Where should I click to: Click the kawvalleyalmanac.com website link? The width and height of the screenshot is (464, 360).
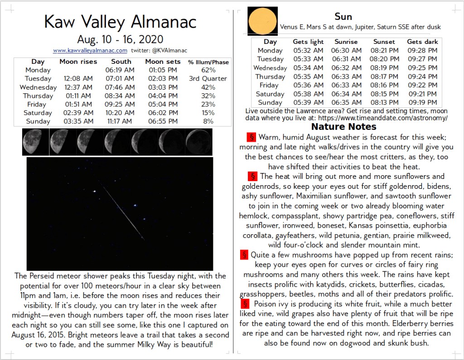click(x=90, y=51)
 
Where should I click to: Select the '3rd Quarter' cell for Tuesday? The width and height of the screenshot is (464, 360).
click(x=208, y=79)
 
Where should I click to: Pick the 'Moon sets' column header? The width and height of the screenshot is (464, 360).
click(x=163, y=62)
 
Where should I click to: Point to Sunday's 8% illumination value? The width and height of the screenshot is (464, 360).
click(x=208, y=121)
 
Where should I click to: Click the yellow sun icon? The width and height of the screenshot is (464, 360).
click(x=261, y=21)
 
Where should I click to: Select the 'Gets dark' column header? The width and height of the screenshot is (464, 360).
click(x=422, y=42)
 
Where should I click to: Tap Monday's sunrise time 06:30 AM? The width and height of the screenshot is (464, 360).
click(x=346, y=51)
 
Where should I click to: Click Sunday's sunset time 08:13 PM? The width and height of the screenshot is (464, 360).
click(x=384, y=103)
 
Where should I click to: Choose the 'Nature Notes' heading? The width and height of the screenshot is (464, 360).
click(x=343, y=127)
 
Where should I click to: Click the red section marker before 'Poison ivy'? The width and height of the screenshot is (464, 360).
click(x=245, y=303)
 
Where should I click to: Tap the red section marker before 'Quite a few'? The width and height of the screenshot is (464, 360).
click(x=245, y=254)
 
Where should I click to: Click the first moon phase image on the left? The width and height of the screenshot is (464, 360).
click(x=35, y=142)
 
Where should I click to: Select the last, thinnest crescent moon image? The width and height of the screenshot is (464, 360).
click(x=198, y=142)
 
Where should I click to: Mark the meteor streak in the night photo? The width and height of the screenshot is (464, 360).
click(x=123, y=213)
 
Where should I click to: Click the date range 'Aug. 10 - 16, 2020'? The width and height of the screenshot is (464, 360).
click(x=120, y=39)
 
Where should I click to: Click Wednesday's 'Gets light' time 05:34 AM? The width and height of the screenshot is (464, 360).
click(x=308, y=68)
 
